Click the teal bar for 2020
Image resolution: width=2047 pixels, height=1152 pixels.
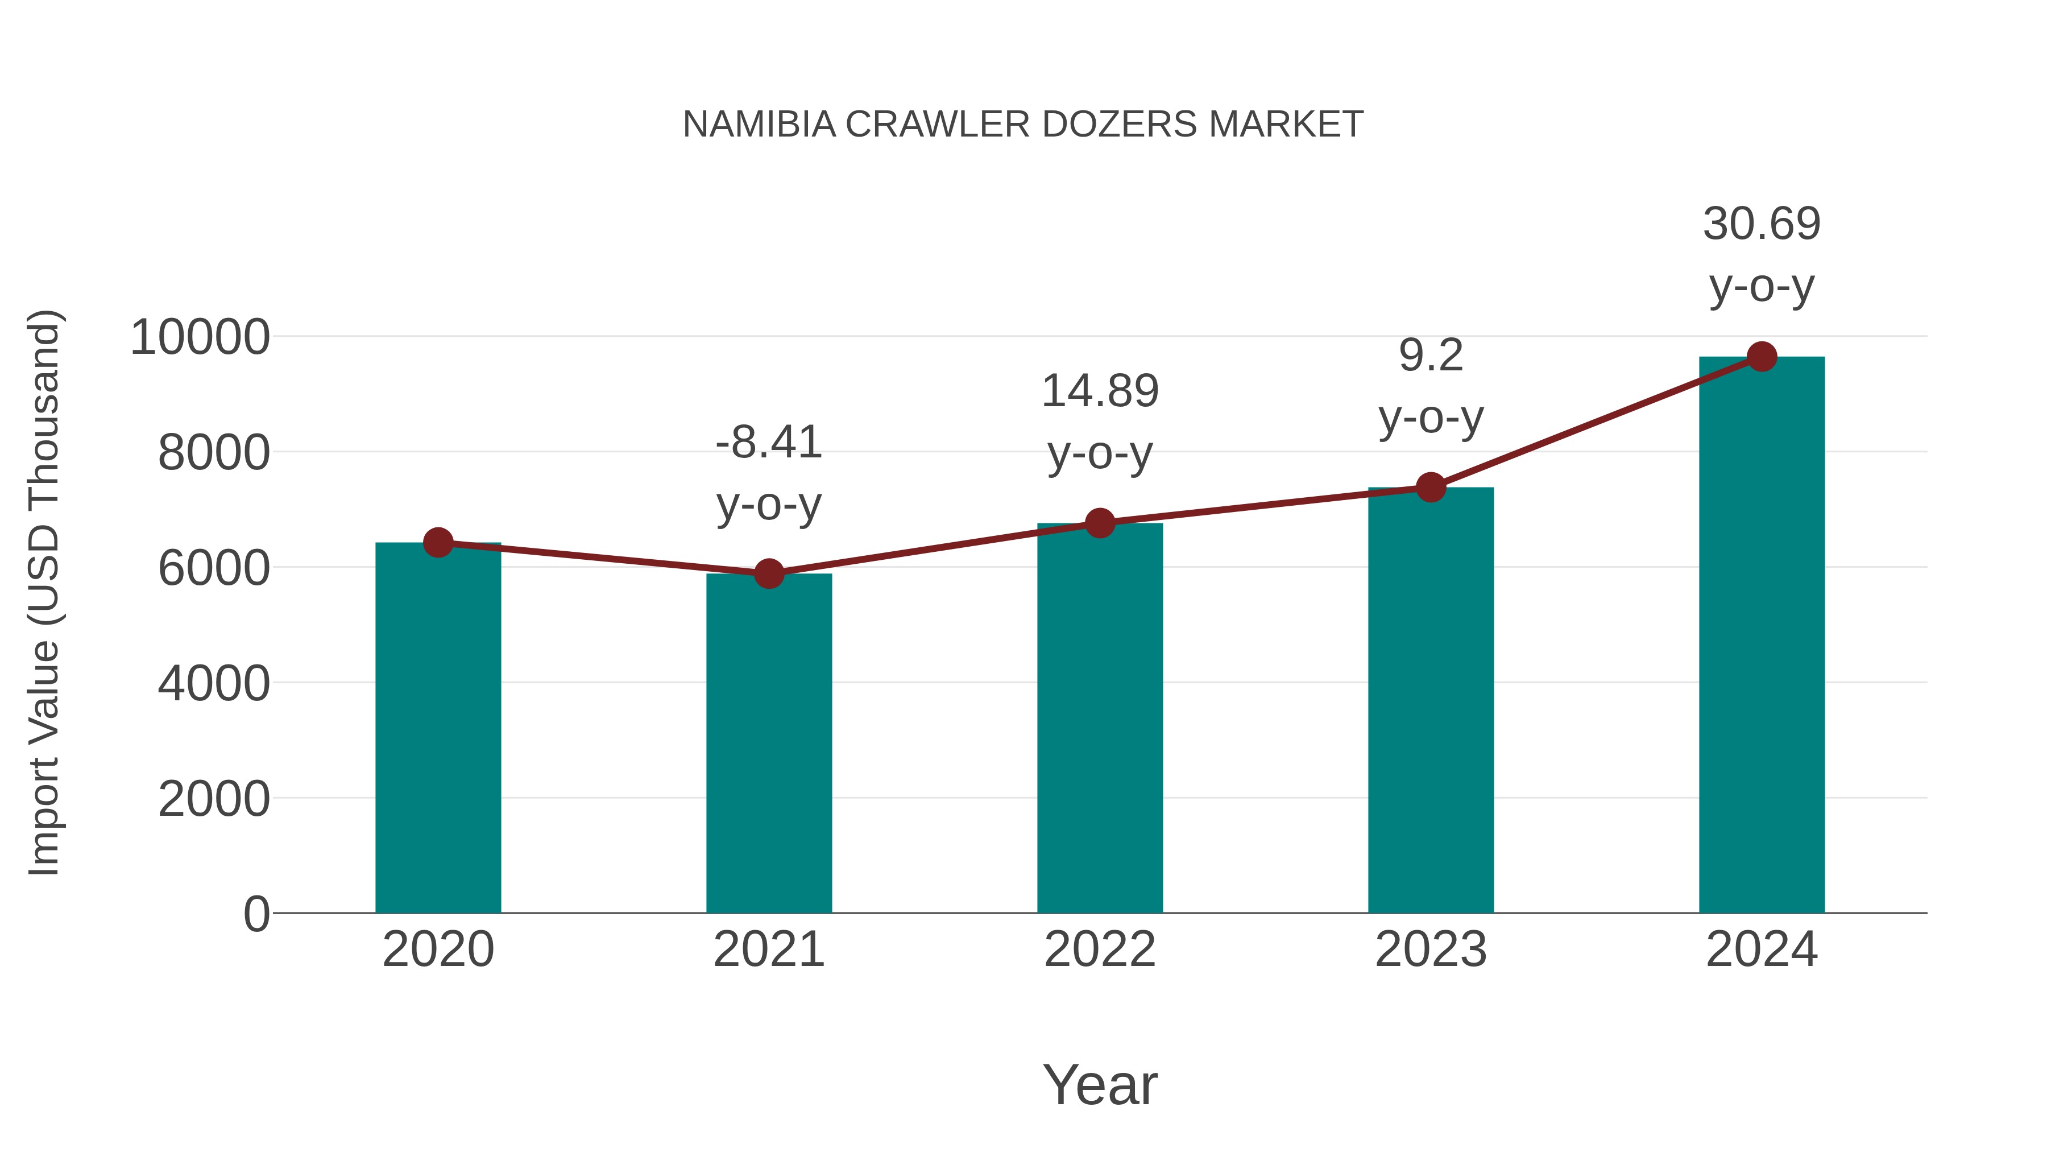[x=438, y=728]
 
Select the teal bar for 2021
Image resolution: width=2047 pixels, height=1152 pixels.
[x=768, y=744]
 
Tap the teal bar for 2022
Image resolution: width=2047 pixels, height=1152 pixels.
[x=1100, y=718]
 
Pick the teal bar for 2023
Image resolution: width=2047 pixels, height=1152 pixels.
[x=1431, y=700]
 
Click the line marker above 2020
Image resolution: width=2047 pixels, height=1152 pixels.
[x=438, y=543]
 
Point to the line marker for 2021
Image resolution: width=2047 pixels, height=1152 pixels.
[x=768, y=573]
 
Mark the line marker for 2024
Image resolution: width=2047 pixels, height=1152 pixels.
[x=1762, y=357]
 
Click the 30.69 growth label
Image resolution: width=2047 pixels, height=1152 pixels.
[x=1762, y=224]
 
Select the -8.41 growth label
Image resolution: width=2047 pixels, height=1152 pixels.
[x=768, y=443]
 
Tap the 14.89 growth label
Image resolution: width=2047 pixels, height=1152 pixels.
[x=1100, y=391]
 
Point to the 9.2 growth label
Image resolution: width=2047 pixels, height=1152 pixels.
[x=1431, y=356]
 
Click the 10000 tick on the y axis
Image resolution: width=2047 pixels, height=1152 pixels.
[x=200, y=337]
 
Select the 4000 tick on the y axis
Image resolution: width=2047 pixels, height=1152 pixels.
[x=214, y=683]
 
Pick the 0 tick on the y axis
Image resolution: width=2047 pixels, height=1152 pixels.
[x=256, y=914]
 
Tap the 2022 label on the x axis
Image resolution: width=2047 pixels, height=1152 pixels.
[x=1100, y=949]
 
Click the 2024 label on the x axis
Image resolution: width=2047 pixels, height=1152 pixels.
[x=1762, y=949]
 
